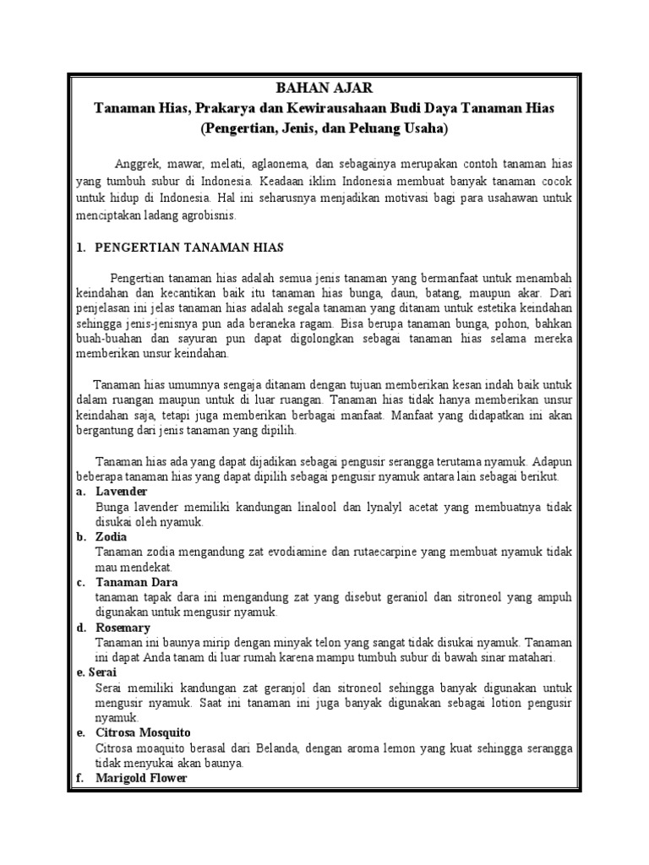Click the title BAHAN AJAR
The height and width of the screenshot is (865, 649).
[324, 88]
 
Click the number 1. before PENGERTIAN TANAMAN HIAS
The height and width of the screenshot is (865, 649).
[81, 248]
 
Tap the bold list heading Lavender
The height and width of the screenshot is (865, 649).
[122, 492]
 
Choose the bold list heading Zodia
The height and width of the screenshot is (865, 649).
[112, 537]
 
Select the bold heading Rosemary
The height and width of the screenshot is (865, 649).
[123, 628]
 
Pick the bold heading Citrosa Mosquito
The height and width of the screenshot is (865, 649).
[143, 732]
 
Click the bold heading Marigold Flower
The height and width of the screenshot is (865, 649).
[140, 778]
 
